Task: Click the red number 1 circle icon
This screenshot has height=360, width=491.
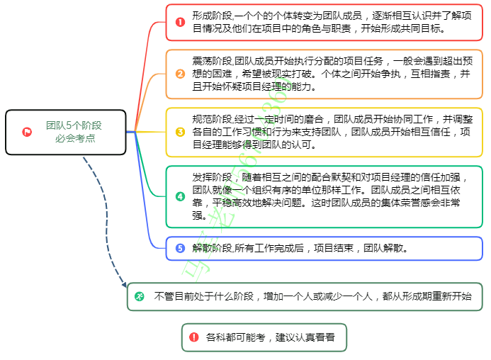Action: click(180, 22)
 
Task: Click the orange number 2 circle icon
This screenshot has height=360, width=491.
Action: click(180, 74)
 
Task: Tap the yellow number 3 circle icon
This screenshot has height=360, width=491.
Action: click(180, 132)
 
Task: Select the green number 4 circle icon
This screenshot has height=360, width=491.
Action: click(180, 196)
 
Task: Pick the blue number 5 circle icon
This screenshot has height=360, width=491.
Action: click(180, 248)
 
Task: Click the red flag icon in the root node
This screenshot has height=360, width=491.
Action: click(27, 132)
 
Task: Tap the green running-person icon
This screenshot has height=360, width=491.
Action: click(140, 296)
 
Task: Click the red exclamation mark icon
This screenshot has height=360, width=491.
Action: click(193, 337)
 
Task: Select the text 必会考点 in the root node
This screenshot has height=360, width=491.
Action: click(74, 138)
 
